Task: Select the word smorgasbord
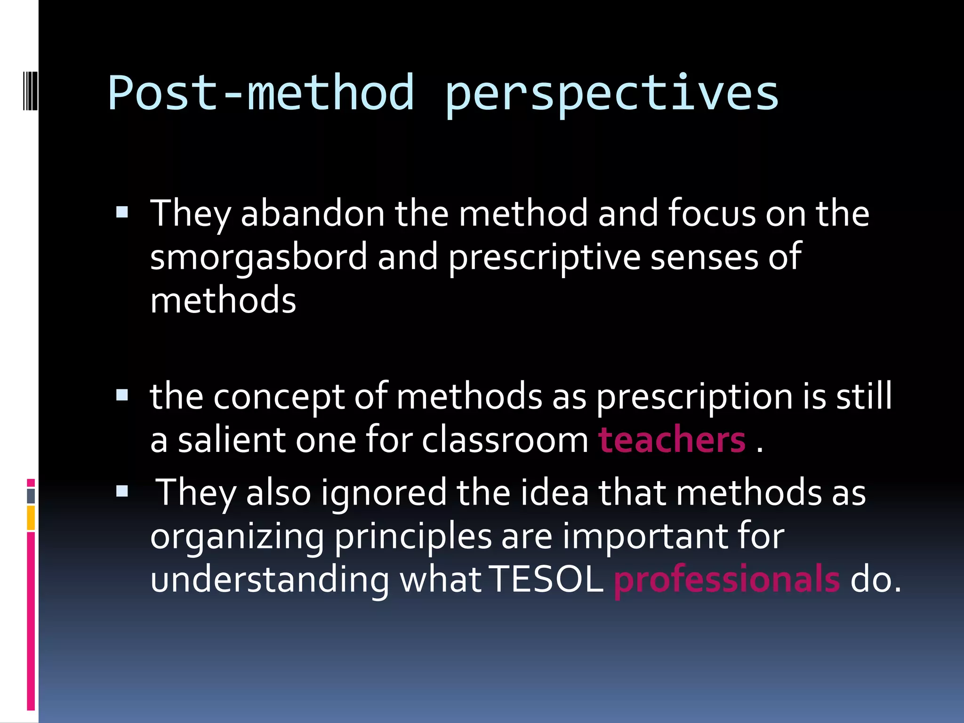[x=258, y=257]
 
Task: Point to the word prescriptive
[x=544, y=258]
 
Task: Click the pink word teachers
[x=672, y=440]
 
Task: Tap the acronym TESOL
[x=546, y=579]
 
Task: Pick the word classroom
[x=505, y=440]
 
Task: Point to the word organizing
[x=237, y=537]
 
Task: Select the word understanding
[x=270, y=580]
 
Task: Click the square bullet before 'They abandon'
[x=122, y=213]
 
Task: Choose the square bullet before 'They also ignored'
[x=122, y=491]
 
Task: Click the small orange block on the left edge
[x=31, y=517]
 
